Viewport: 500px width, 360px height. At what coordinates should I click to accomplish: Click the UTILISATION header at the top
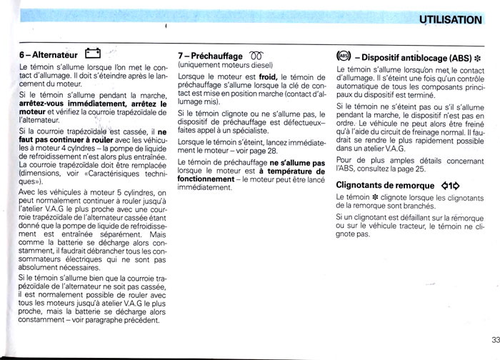[x=449, y=19]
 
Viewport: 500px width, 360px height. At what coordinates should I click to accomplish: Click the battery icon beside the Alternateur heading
[x=94, y=52]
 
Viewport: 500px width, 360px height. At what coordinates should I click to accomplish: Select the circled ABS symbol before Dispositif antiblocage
[x=342, y=56]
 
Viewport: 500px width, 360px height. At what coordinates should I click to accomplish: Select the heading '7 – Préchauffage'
[x=210, y=56]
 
